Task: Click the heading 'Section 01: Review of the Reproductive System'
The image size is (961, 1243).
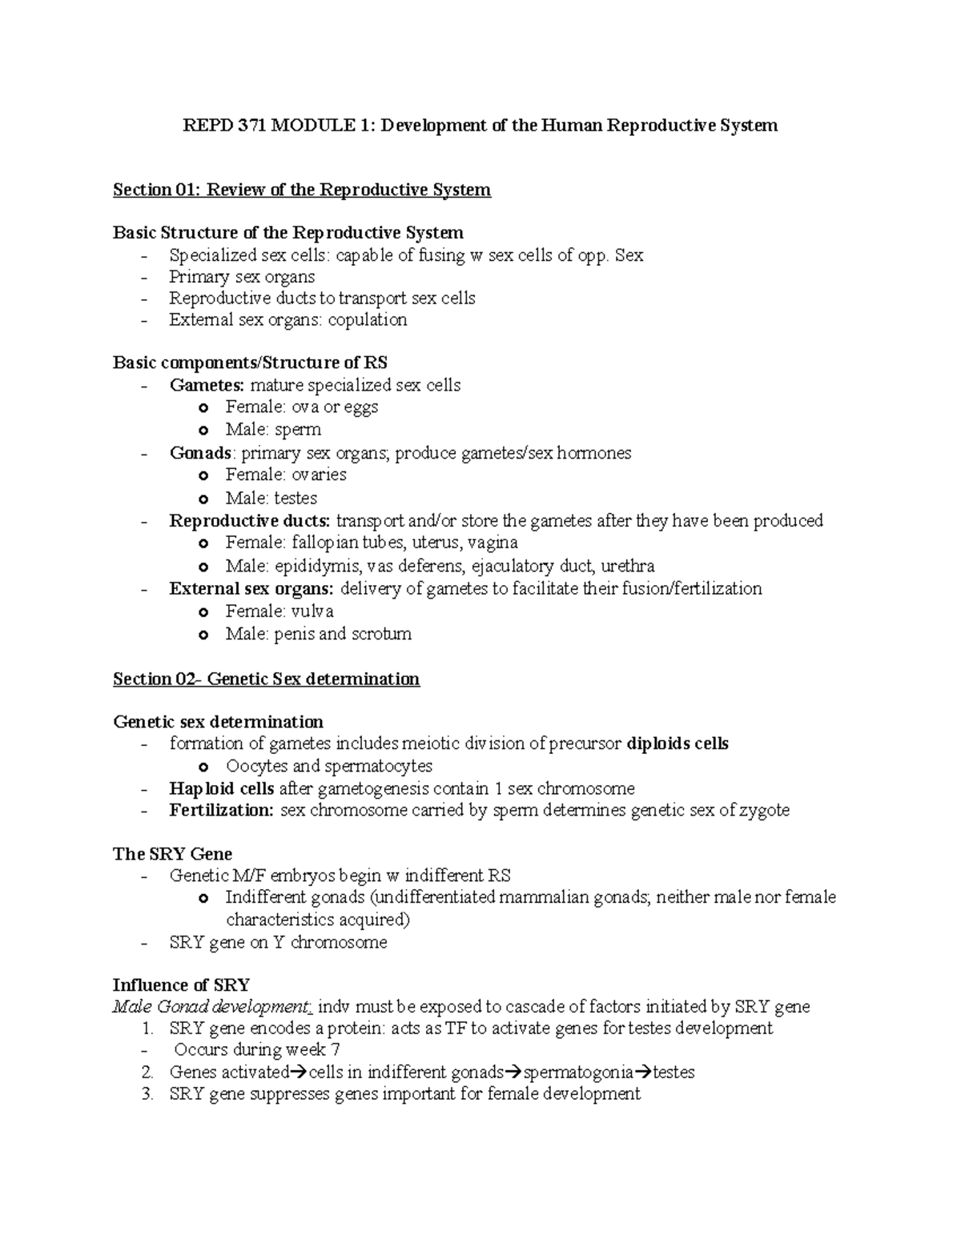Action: [x=301, y=190]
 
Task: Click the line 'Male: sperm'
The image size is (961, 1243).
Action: [x=272, y=430]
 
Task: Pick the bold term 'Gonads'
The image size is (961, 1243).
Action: [x=200, y=453]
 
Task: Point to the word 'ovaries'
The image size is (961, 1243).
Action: [x=318, y=475]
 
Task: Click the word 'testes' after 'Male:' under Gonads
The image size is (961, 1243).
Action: [x=296, y=498]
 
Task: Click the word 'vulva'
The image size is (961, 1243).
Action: [x=312, y=611]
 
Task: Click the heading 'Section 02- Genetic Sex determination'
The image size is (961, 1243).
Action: [x=266, y=680]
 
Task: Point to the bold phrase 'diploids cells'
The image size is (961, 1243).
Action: [x=678, y=744]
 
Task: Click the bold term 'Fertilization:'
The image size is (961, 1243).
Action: [x=221, y=810]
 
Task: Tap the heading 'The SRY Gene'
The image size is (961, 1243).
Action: [x=172, y=854]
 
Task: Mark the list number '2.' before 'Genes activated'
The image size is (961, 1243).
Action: [x=147, y=1073]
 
